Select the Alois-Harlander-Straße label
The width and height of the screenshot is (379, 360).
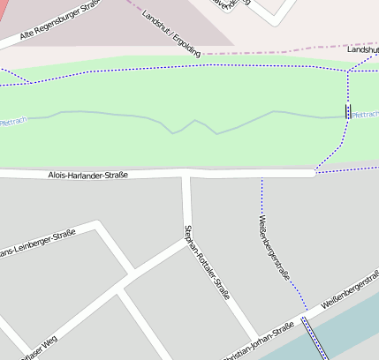(x=87, y=175)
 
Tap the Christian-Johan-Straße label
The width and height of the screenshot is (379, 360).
(x=258, y=342)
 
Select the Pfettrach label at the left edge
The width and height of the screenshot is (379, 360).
(x=12, y=122)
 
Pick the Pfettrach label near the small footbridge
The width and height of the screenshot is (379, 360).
(x=365, y=115)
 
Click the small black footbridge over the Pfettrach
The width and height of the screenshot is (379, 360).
(x=348, y=112)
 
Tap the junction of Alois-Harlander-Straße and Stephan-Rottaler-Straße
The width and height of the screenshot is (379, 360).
(x=186, y=175)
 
